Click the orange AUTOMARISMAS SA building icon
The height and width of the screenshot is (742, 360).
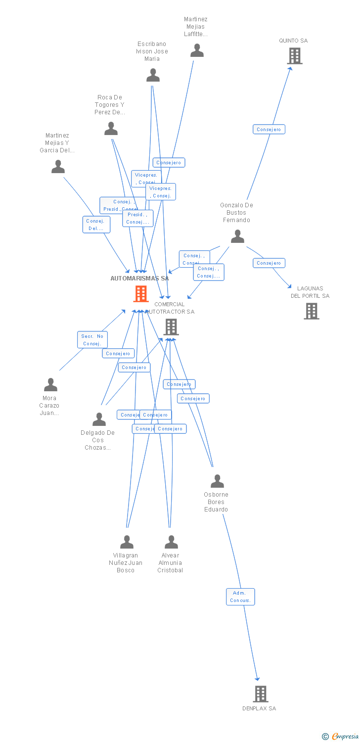pos(141,294)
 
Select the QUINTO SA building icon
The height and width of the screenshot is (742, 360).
pos(295,56)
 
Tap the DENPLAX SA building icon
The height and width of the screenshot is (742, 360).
pos(260,694)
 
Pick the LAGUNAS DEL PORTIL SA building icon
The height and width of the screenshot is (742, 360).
pos(311,311)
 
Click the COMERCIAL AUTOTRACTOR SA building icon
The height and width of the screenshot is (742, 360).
pos(171,326)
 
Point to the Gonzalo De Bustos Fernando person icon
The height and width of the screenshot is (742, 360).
pos(237,236)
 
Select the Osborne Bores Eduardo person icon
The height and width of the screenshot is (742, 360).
pos(217,481)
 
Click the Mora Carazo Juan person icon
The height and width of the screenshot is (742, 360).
pos(50,384)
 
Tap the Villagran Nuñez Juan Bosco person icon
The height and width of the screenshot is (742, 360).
pos(127,542)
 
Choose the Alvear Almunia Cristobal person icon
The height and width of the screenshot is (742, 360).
pos(171,542)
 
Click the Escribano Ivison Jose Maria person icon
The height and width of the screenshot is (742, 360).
pos(153,75)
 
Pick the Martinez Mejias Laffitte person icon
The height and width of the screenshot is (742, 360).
pos(197,50)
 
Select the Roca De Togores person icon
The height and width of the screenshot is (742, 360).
pos(111,128)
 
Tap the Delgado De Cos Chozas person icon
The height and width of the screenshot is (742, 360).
pos(99,419)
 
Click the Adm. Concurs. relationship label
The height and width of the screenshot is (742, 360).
pos(240,597)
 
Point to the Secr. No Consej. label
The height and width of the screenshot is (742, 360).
pos(92,340)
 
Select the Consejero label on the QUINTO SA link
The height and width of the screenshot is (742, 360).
pos(269,130)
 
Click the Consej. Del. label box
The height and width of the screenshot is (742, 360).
pos(96,225)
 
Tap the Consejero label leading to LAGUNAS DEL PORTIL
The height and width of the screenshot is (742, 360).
pos(269,263)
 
